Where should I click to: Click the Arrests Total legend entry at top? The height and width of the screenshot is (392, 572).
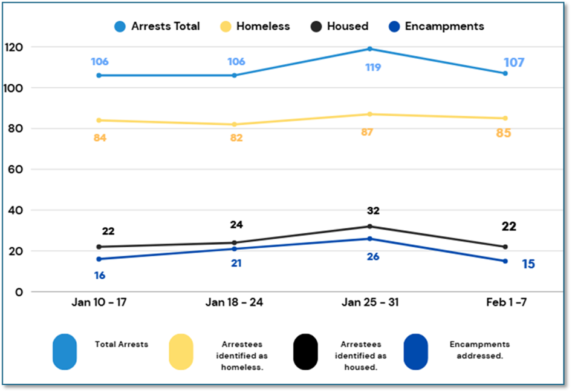point(157,27)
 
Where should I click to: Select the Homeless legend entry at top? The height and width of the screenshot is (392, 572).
point(254,27)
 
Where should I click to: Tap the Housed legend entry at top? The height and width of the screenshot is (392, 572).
point(339,27)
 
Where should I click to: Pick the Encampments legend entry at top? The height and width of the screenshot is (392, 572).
point(435,27)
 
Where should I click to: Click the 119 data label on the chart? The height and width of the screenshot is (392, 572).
point(372,67)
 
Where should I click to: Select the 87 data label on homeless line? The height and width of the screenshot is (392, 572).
point(366,132)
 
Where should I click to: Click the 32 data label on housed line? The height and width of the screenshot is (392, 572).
point(373,211)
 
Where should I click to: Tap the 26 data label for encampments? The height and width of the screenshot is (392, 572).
point(372,256)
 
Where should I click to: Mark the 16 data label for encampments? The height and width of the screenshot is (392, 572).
point(100,276)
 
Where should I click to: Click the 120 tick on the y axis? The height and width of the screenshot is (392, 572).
point(13,47)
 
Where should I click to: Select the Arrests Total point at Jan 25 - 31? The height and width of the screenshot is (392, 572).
point(370,48)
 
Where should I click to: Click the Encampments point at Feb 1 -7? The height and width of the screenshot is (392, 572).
point(505,261)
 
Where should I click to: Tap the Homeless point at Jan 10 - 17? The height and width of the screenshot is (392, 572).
point(99,120)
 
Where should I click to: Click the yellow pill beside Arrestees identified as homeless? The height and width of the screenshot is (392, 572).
point(181,351)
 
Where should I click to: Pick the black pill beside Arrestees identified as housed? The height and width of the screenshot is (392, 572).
point(305,351)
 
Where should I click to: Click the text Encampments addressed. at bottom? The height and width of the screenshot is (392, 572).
point(479,350)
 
